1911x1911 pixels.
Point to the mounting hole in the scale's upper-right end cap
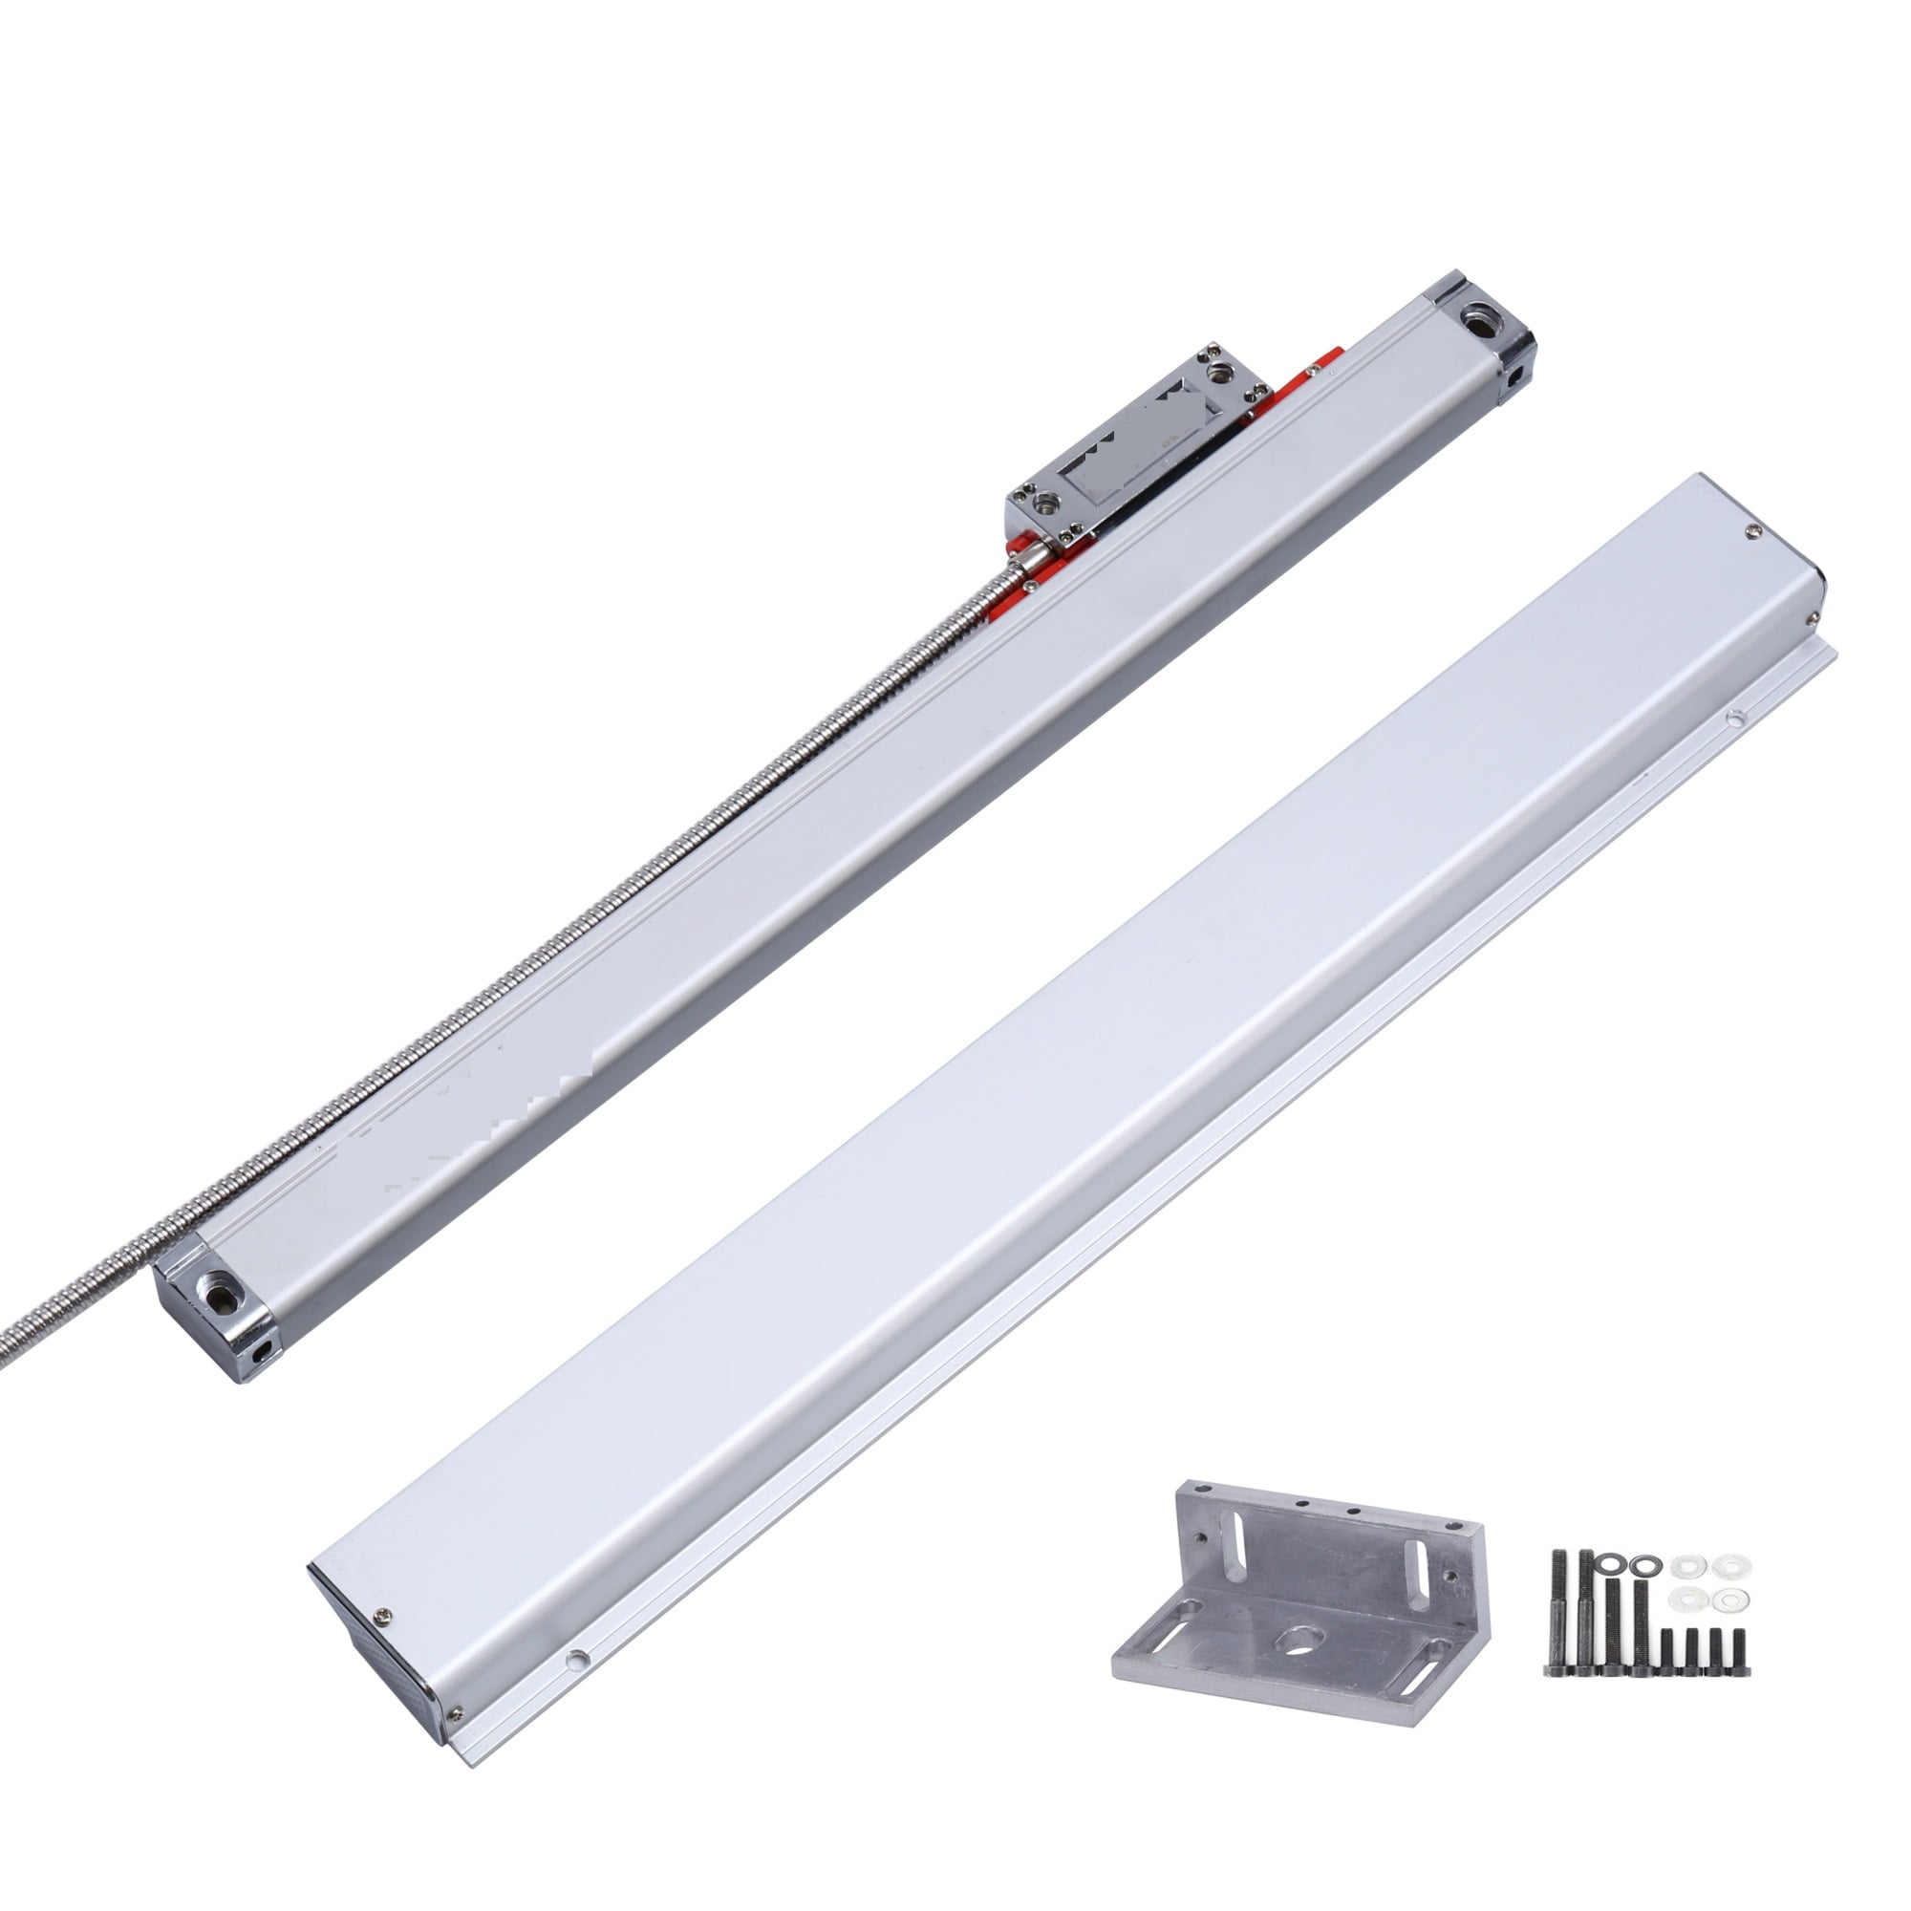(x=1480, y=322)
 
